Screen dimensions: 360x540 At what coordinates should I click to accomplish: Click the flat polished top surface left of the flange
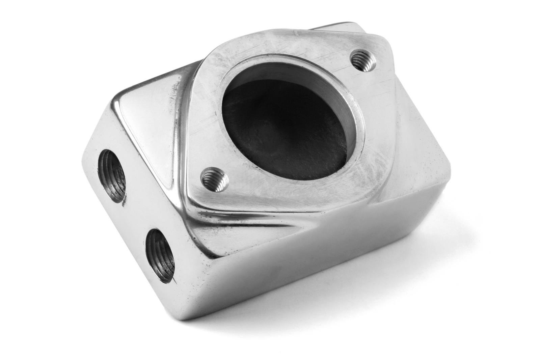coord(148,111)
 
